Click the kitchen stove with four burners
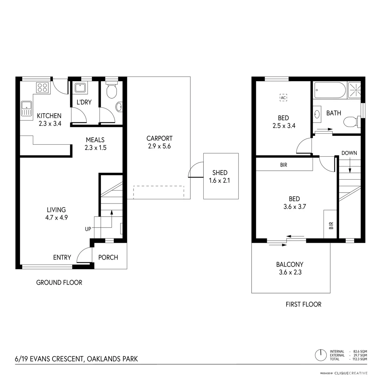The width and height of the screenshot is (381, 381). coord(42,87)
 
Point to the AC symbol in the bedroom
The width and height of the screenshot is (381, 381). coord(283,98)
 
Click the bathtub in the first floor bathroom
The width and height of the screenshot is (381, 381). coord(330,90)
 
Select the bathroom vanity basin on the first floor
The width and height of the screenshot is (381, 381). coord(317,114)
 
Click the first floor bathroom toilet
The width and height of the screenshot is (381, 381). coord(351,122)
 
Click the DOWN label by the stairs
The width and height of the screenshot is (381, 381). coord(349,153)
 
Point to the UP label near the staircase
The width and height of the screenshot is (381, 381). coord(88,229)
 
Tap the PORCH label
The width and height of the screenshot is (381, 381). coord(108,258)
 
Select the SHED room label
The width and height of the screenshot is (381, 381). coord(220,173)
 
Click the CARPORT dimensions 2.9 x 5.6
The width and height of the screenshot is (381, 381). coord(159,146)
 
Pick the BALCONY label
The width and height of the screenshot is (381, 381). coord(290,265)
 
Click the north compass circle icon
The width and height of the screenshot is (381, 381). coord(321,355)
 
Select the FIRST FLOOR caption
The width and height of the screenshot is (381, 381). coord(303,304)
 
